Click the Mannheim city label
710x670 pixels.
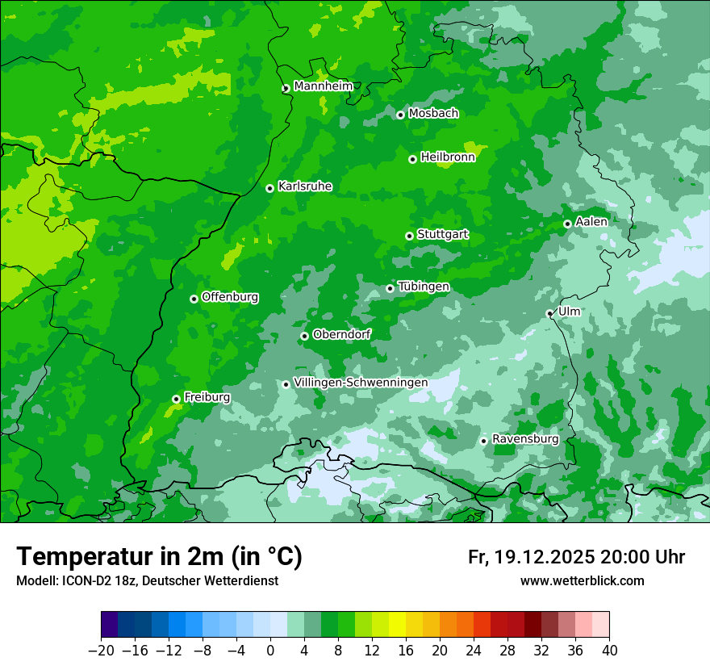323,86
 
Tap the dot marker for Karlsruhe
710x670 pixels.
269,188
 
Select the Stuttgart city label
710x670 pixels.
443,235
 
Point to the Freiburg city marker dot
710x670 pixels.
176,399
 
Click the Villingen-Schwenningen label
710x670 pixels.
361,383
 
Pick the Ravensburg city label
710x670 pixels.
525,439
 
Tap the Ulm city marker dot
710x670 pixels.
549,313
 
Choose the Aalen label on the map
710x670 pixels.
591,222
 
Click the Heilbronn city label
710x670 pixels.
448,157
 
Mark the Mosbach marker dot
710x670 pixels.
400,115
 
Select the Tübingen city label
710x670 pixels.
424,287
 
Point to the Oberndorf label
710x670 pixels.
342,334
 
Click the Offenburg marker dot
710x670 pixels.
194,299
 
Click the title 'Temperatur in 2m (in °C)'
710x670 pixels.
159,557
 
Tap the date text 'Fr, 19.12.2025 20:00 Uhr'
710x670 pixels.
576,557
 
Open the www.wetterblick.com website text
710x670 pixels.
582,580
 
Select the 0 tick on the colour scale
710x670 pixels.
270,650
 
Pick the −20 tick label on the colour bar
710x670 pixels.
101,650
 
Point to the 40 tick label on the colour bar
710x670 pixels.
609,650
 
